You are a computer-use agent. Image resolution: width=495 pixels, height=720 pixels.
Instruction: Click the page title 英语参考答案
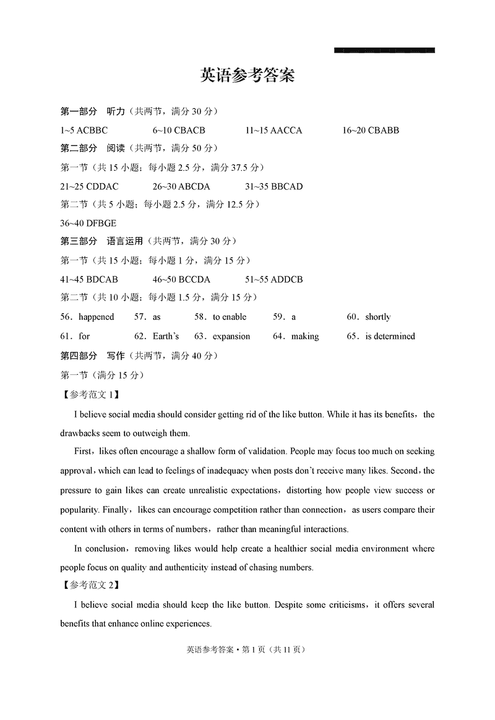tap(247, 75)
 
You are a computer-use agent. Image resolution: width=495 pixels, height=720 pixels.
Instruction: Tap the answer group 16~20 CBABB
tap(370, 131)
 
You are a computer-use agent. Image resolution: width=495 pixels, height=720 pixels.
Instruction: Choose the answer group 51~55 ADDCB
tap(274, 280)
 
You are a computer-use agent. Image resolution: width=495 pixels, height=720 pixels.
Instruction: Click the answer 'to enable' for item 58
tap(229, 317)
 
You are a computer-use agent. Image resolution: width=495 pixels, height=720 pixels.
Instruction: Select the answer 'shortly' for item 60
tap(377, 317)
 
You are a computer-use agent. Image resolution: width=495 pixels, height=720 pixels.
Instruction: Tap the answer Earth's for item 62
tap(166, 336)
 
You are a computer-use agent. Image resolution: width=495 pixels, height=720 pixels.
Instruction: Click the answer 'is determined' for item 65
tap(390, 336)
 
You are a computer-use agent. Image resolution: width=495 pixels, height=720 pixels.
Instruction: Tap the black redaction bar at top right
tap(384, 50)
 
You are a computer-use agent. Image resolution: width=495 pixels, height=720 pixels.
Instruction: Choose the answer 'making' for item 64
tap(305, 336)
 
